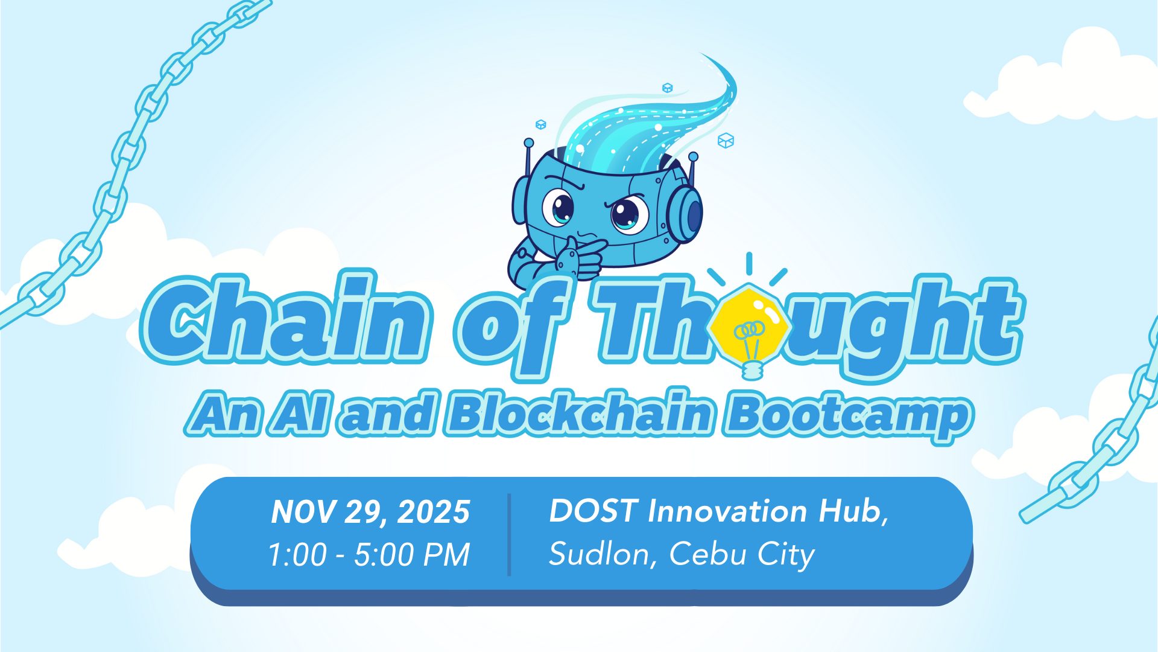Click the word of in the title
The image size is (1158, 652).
513,326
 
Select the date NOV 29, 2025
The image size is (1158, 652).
370,512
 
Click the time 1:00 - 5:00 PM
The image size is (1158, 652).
369,555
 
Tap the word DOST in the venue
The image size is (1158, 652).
593,511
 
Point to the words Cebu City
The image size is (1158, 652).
742,554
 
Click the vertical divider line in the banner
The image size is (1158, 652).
509,534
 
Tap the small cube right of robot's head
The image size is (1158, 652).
726,141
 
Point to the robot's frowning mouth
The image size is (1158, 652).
583,235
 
